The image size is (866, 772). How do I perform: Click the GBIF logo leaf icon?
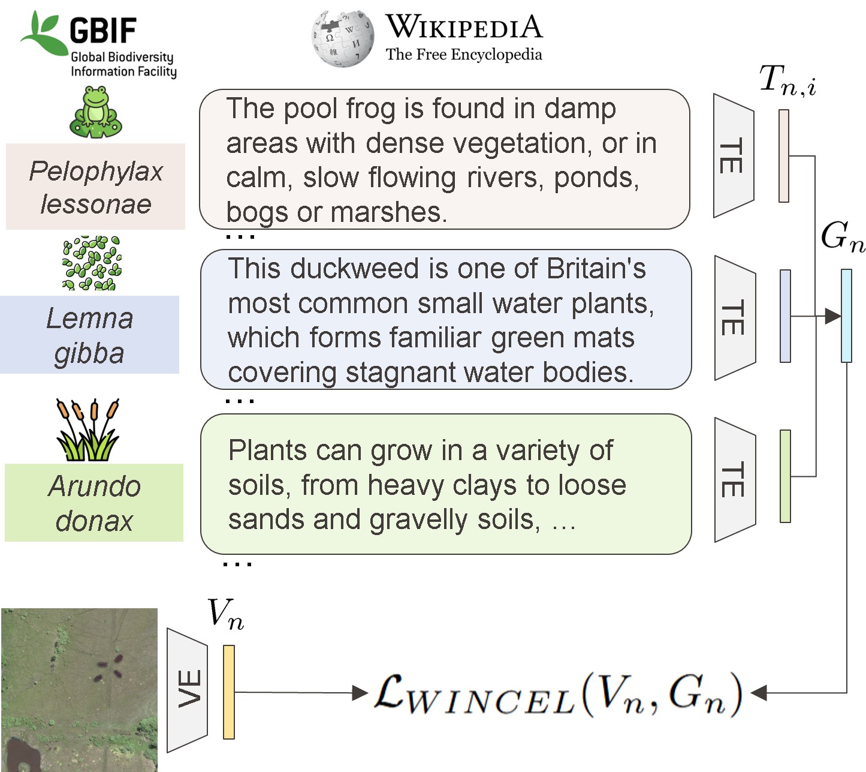click(x=42, y=33)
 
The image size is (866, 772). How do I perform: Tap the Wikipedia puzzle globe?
click(x=342, y=38)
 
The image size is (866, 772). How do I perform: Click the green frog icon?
click(x=96, y=112)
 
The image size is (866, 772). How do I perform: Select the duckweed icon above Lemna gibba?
click(x=92, y=263)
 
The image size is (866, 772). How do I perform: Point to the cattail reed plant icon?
click(x=88, y=430)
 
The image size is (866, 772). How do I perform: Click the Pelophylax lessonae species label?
click(x=95, y=187)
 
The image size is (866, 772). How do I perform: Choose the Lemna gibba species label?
click(x=89, y=335)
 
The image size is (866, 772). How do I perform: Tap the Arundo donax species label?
click(x=94, y=503)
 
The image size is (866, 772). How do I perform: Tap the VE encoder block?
click(x=188, y=689)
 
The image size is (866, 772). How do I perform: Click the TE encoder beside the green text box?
click(x=735, y=480)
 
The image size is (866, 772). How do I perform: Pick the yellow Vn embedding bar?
click(x=228, y=692)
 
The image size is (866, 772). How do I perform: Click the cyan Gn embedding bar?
click(x=846, y=316)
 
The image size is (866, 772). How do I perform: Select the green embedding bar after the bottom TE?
click(x=785, y=476)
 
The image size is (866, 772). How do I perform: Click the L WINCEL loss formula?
click(x=557, y=695)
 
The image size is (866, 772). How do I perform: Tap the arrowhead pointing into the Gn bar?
click(x=832, y=316)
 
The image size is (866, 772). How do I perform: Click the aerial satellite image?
click(x=79, y=690)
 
